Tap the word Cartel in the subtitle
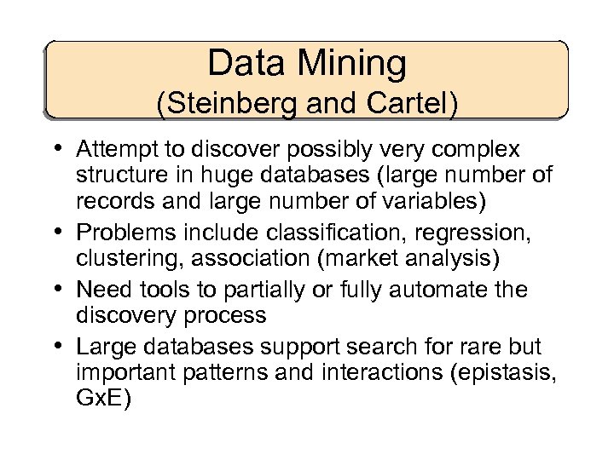pos(408,104)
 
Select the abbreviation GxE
pos(103,398)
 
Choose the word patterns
pos(235,372)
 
